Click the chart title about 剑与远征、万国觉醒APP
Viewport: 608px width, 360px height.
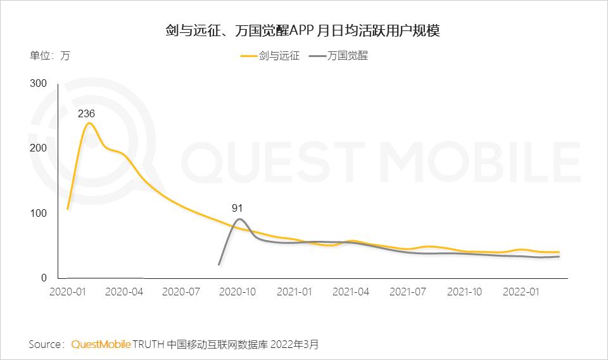(x=303, y=30)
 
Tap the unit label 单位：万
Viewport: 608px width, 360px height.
(x=50, y=55)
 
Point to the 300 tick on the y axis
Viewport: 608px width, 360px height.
(x=39, y=83)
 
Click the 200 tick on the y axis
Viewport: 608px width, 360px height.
(x=39, y=148)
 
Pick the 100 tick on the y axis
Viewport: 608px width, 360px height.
(x=39, y=213)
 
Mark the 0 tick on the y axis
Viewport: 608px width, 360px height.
(x=44, y=278)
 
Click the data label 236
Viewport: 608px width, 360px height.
(x=86, y=114)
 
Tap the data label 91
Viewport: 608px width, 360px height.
(x=237, y=207)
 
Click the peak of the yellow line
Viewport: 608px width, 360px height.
(x=88, y=123)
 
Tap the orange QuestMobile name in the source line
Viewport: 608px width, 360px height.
(x=101, y=345)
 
